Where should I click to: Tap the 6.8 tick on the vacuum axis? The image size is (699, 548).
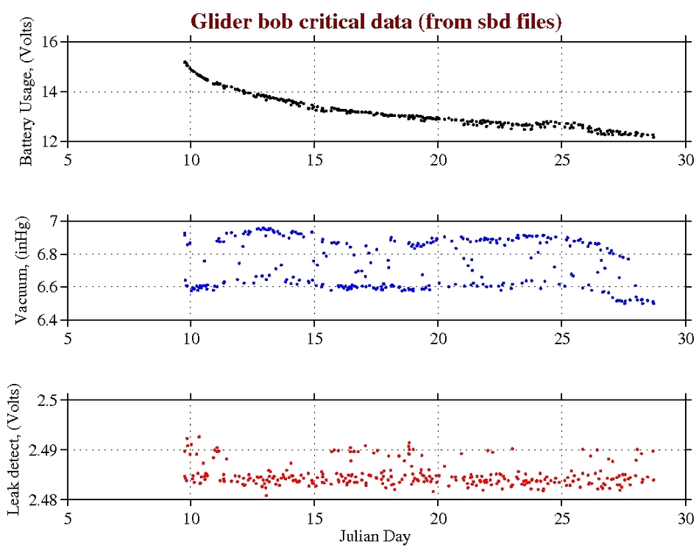coord(51,255)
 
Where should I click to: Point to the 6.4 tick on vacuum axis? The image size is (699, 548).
coord(51,320)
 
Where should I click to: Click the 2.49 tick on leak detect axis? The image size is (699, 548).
coord(47,449)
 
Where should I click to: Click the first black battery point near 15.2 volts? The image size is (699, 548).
coord(185,63)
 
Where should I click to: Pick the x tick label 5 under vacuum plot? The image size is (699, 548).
coord(68,338)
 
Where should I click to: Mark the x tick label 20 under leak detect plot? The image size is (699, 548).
coord(438,518)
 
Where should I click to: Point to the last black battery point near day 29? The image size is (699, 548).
coord(653,137)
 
